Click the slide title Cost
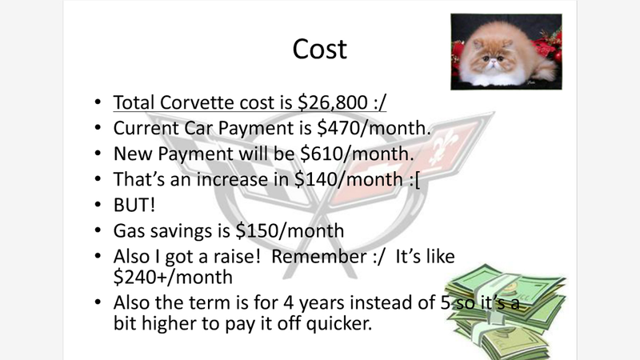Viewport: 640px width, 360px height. coord(319,49)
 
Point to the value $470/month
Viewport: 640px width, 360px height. coord(374,128)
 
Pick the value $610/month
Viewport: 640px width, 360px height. coord(357,154)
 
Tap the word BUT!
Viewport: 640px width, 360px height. coord(134,205)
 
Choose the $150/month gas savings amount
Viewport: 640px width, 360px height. coord(290,230)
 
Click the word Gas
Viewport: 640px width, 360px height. coord(129,230)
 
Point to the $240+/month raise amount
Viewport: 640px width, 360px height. coord(173,277)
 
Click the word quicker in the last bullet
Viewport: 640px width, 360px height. coord(338,323)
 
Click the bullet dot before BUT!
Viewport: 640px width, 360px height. coord(97,205)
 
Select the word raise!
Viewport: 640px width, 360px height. coord(236,256)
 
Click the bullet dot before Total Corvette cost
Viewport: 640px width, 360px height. coord(97,102)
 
